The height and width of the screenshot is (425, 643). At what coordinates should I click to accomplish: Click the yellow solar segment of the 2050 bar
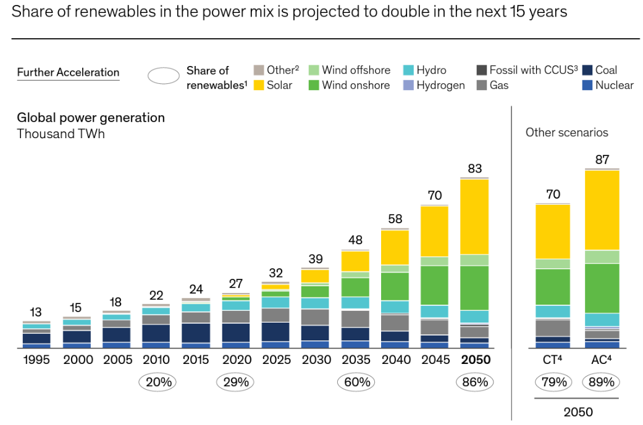coord(474,216)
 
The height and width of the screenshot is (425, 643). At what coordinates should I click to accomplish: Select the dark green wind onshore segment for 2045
coord(434,285)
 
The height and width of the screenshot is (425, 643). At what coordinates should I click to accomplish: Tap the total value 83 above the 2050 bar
coord(474,168)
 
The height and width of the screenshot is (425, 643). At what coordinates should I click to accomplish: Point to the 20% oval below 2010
coord(158,382)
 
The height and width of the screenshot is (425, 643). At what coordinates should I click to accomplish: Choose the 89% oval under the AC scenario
coord(601,382)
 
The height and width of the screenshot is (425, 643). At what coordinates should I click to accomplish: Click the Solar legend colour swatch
coord(259,85)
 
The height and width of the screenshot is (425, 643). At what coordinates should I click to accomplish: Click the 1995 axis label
coord(36,360)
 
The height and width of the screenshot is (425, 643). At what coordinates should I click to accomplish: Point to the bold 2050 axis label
coord(474,360)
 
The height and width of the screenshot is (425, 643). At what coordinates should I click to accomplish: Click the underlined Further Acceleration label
coord(68,73)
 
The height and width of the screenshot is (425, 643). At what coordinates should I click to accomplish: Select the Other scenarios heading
coord(566,133)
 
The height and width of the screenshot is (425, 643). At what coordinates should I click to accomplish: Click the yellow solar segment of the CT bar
coord(553,231)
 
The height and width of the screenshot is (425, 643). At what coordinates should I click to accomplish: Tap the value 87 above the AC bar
coord(602,159)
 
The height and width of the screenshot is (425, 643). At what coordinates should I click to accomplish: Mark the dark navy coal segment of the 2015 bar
coord(196,332)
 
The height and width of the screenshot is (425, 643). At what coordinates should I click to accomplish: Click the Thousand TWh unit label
coord(61,134)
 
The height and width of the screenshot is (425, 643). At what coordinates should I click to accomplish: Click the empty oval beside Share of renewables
coord(164,77)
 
